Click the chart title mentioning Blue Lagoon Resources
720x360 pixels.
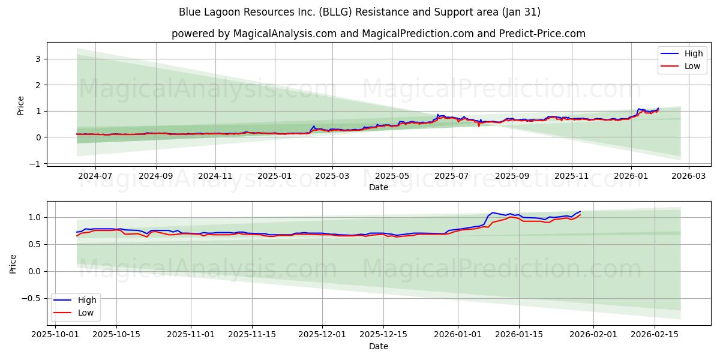coord(359,12)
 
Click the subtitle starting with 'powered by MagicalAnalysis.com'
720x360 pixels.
coord(378,34)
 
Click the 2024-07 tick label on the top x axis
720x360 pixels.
coord(96,176)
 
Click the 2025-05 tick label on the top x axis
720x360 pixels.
coord(392,176)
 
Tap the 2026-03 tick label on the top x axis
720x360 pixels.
coord(688,176)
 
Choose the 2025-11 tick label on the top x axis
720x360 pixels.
coord(571,176)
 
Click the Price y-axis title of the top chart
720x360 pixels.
coord(21,105)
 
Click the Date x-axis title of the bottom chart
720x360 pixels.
coord(378,346)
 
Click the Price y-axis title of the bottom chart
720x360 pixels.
coord(13,264)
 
